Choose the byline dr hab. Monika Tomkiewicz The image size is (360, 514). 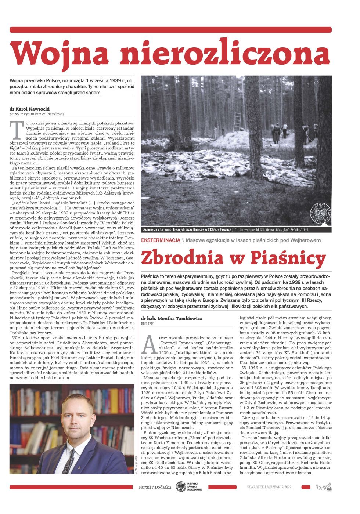pyautogui.click(x=172, y=318)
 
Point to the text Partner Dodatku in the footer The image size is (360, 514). pyautogui.click(x=155, y=487)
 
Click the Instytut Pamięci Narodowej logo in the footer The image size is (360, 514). pyautogui.click(x=189, y=487)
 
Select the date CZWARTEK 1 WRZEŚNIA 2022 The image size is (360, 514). pyautogui.click(x=269, y=487)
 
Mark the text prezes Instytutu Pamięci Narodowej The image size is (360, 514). pyautogui.click(x=37, y=114)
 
